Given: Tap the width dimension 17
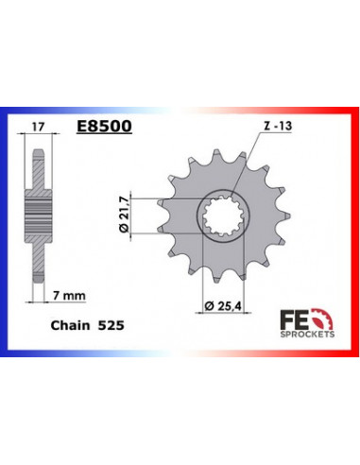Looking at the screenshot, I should click(36, 124).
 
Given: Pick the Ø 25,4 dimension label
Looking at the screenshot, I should click(223, 306).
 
